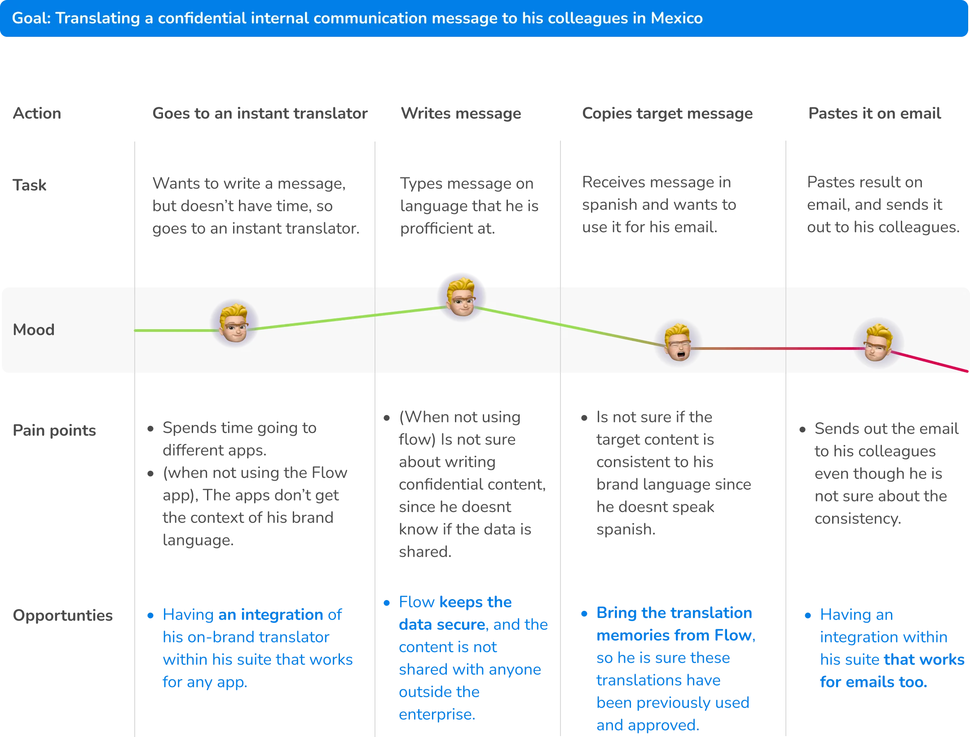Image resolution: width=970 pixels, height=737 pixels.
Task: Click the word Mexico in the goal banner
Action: click(x=677, y=18)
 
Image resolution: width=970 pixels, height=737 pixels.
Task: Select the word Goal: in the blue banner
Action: click(x=31, y=18)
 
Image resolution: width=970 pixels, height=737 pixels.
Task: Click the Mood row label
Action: click(x=34, y=330)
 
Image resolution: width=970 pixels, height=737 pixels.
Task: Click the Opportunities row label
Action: click(x=63, y=615)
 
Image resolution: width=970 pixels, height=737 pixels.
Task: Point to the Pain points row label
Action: click(x=54, y=432)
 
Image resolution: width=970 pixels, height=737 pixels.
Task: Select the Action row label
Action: click(x=36, y=113)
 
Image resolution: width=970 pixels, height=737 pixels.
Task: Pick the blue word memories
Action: click(x=628, y=636)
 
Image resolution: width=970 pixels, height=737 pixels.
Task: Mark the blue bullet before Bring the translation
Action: click(x=584, y=614)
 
